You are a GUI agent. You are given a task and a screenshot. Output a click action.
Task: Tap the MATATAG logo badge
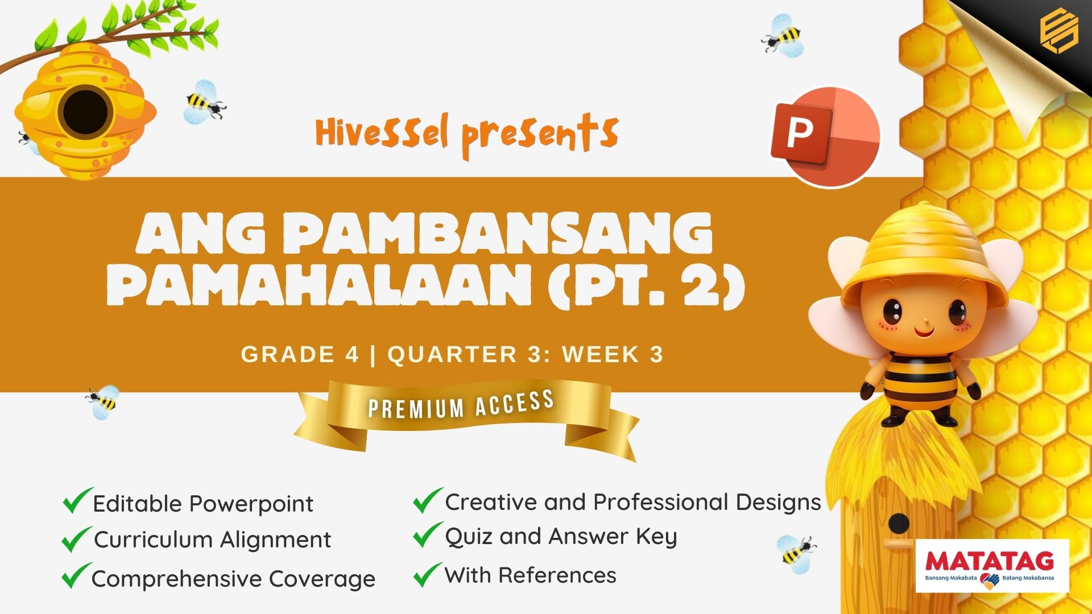pos(992,566)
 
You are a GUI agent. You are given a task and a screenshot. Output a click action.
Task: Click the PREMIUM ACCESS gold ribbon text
pos(461,404)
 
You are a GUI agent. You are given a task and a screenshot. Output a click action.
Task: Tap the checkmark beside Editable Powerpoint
pos(77,500)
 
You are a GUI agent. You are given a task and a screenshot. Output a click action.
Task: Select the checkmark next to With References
pos(427,574)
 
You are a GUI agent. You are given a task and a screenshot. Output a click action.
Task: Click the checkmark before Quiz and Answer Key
pos(427,535)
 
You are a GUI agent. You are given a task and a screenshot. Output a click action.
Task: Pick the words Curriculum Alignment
pos(213,540)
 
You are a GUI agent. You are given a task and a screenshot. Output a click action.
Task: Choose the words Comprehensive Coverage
pos(233,579)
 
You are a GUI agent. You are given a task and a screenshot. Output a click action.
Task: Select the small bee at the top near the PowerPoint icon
pos(784,36)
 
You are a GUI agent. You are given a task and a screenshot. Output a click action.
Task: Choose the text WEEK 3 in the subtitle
pos(613,354)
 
